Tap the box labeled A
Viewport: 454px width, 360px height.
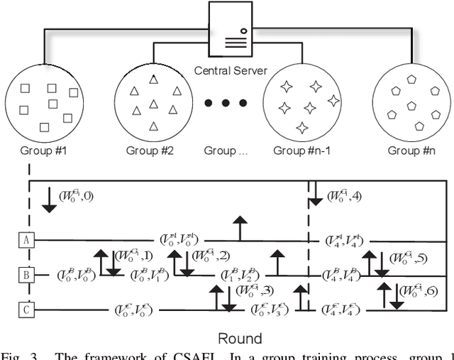[26, 241]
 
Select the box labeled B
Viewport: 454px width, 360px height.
[26, 274]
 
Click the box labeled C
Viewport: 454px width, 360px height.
[26, 308]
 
